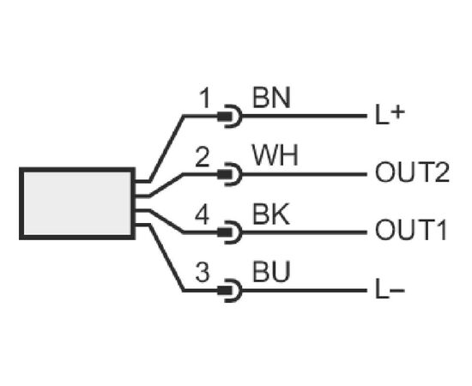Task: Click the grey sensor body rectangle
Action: [x=77, y=203]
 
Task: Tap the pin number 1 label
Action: [x=205, y=99]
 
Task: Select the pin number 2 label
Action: [x=202, y=156]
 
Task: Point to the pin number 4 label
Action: [x=202, y=214]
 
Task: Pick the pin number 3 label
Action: [x=202, y=272]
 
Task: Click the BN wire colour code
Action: [x=271, y=98]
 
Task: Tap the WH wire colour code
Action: [x=275, y=155]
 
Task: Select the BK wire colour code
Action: [x=271, y=214]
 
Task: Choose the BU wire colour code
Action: [x=271, y=271]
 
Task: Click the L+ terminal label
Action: [x=390, y=115]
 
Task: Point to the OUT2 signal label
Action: [x=412, y=172]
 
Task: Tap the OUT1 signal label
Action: [x=410, y=230]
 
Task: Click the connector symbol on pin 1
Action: [x=230, y=116]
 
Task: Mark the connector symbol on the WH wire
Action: [x=230, y=174]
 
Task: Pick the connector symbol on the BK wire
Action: [x=230, y=232]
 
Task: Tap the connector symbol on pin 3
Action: [x=230, y=291]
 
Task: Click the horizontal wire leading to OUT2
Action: [x=304, y=174]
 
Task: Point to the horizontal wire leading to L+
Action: [x=304, y=116]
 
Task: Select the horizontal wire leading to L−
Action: [x=304, y=291]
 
